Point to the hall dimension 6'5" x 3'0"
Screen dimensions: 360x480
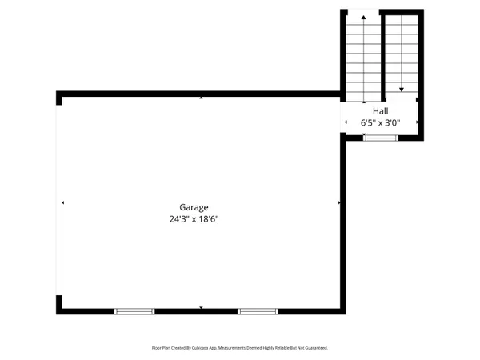coord(380,122)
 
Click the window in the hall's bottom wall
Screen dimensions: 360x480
coord(380,138)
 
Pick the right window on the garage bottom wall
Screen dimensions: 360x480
coord(257,310)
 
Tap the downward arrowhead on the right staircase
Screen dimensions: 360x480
coord(402,90)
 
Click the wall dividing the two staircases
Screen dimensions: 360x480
coord(382,52)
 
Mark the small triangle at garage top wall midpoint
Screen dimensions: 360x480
coord(201,98)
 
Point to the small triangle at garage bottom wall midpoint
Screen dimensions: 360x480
coord(201,307)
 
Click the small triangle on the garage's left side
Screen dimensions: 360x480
coord(62,203)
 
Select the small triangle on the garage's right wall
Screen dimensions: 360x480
coord(339,203)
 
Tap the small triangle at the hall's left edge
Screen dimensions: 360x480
coord(346,122)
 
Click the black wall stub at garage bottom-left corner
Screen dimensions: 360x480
coord(59,305)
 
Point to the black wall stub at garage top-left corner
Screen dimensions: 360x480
coord(59,98)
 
